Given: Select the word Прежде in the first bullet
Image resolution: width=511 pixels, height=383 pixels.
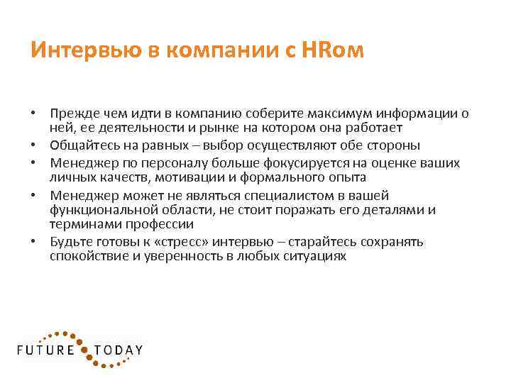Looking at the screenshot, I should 70,113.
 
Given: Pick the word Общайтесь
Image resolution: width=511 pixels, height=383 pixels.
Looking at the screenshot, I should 81,145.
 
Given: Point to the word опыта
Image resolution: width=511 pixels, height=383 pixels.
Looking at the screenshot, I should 348,177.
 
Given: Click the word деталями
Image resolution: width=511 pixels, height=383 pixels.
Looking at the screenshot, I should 400,210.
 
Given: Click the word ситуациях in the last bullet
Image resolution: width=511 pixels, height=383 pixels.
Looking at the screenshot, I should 317,256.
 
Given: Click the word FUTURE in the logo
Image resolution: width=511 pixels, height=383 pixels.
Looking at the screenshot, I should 47,350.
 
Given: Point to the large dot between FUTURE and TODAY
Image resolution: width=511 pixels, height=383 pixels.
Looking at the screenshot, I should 85,350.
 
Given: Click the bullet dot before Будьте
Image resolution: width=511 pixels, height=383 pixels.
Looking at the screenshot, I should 33,241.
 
